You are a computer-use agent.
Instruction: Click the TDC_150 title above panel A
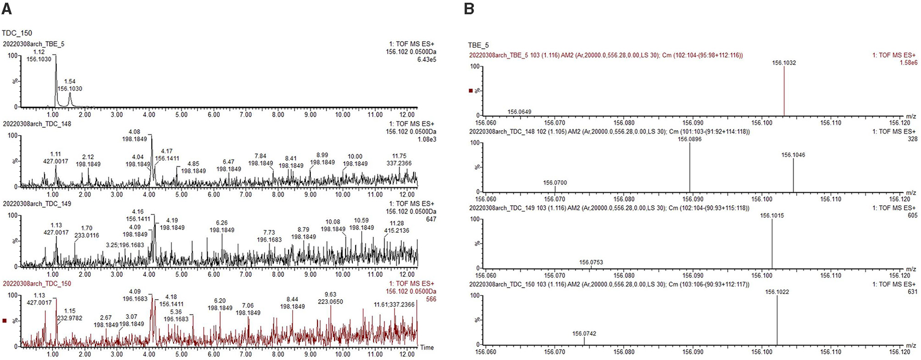[x=17, y=33]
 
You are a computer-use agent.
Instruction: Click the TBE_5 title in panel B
[x=478, y=45]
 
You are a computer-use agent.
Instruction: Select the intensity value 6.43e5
[x=426, y=60]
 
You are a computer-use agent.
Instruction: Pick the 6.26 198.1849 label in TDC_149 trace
[x=222, y=226]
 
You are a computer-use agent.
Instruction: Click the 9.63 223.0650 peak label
[x=331, y=298]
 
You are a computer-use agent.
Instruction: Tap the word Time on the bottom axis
[x=427, y=348]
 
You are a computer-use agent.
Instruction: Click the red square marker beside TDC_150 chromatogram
[x=5, y=321]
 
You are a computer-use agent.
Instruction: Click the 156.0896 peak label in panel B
[x=689, y=139]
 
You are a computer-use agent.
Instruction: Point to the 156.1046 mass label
[x=793, y=155]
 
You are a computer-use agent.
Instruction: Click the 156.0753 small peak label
[x=591, y=262]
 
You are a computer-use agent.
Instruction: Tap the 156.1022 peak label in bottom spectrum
[x=777, y=292]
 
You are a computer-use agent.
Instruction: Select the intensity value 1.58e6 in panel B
[x=907, y=63]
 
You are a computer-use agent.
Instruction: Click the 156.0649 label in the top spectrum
[x=519, y=112]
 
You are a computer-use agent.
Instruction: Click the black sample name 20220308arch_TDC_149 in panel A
[x=37, y=204]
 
